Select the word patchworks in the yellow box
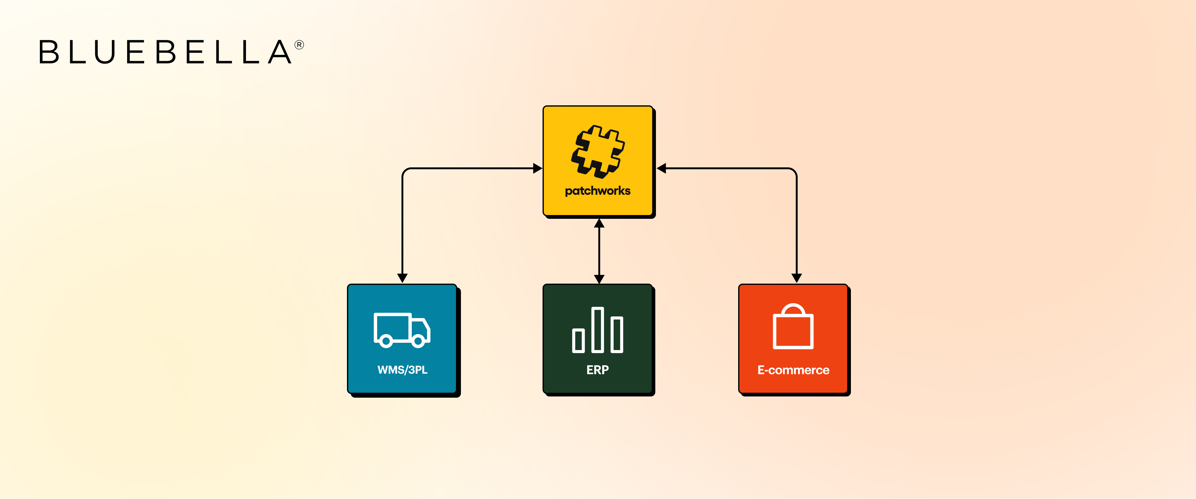tap(598, 191)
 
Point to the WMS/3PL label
tap(402, 370)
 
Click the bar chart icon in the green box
tap(598, 330)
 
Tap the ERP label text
tap(598, 370)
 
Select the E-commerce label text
tap(793, 370)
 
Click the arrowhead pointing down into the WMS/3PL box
tap(402, 278)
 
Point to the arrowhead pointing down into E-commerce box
tap(797, 278)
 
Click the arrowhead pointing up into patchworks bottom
tap(599, 223)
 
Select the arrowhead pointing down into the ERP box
tap(599, 279)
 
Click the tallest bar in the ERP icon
tap(598, 329)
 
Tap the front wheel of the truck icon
tap(418, 342)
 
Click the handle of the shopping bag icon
tap(793, 309)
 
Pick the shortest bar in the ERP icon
tap(578, 341)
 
